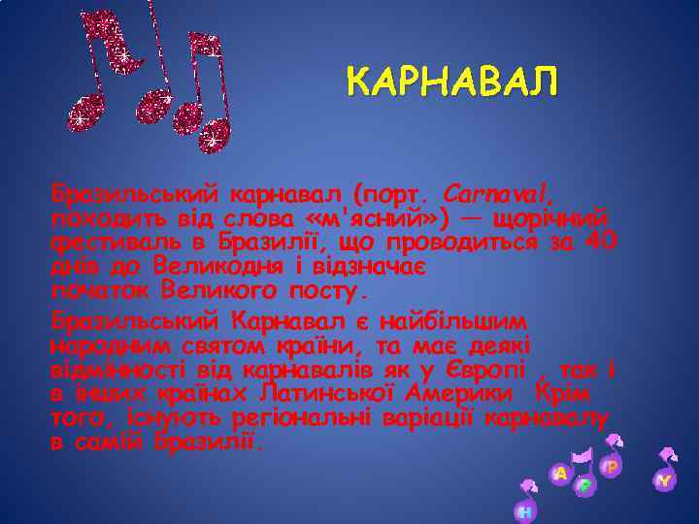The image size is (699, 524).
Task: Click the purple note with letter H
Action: click(525, 510)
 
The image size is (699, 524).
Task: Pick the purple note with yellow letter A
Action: click(559, 474)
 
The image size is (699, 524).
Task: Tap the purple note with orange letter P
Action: click(612, 467)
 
